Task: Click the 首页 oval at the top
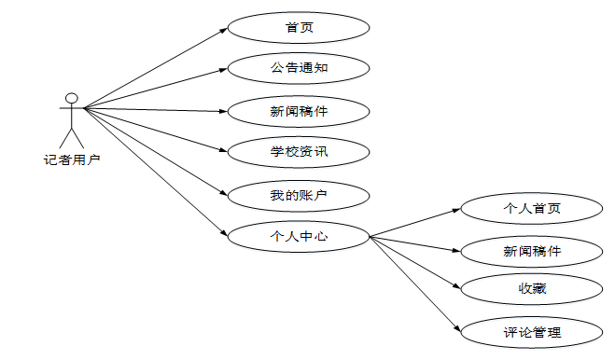299,27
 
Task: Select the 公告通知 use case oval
299,69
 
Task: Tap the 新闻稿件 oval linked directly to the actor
299,112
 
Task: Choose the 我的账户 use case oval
299,196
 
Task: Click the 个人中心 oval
299,237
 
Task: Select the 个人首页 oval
531,208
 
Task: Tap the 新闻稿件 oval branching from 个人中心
531,250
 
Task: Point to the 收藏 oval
531,290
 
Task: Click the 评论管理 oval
531,332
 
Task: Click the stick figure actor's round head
69,98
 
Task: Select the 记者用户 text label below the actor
72,159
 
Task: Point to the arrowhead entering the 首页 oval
223,30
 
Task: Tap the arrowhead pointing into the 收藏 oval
457,289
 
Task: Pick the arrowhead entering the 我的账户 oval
224,194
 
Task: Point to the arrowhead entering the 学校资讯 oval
224,152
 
